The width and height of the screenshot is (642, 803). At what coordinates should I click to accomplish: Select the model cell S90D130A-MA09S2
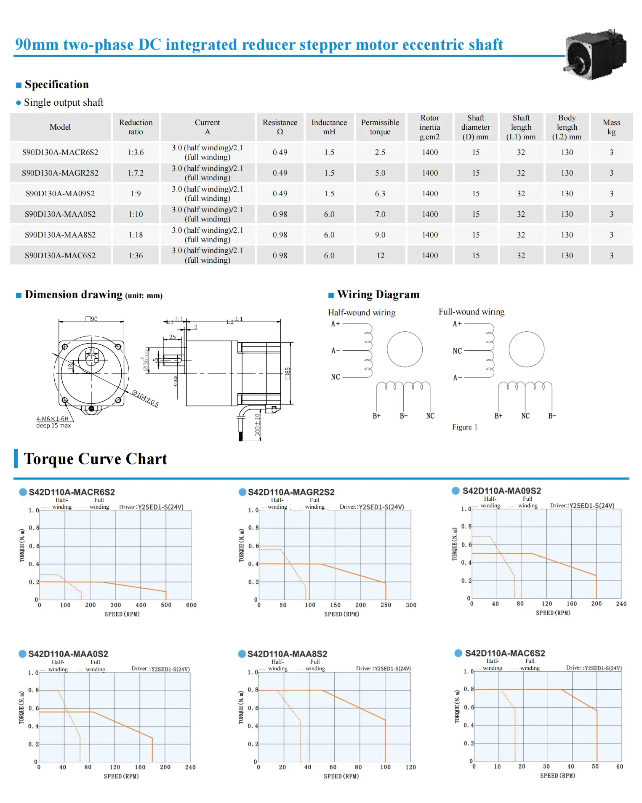point(60,194)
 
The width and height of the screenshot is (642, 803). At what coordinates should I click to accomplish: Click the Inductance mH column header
point(329,127)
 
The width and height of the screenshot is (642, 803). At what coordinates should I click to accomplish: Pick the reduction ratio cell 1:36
point(136,256)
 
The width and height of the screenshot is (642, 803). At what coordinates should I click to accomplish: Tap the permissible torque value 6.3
point(380,194)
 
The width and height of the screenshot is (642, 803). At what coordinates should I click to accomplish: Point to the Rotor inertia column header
point(430,127)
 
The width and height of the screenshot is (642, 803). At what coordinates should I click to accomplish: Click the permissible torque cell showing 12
point(380,256)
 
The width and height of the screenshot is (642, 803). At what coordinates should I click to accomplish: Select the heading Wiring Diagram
point(378,294)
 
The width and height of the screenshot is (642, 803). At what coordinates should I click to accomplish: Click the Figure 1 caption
point(464,427)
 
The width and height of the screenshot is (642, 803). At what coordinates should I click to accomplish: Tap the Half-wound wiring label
point(362,312)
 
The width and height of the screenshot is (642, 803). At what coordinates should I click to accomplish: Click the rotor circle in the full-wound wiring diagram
point(526,349)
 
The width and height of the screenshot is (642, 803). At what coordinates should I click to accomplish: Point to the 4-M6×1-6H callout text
point(52,419)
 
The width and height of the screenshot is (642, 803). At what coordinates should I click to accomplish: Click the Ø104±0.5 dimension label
point(146,398)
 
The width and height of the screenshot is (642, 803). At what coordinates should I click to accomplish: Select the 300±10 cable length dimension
point(258,424)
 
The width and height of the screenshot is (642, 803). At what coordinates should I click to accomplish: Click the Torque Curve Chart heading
point(96,459)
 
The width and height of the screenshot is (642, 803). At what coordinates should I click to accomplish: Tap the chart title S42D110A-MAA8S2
point(287,654)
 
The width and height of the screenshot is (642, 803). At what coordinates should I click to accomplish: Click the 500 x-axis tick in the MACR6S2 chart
point(166,605)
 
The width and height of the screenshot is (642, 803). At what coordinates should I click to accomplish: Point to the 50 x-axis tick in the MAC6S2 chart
point(595,766)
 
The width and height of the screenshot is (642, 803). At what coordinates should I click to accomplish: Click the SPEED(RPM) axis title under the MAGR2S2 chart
point(341,614)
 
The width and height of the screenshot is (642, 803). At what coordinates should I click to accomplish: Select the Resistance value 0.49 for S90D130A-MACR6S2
point(280,152)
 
